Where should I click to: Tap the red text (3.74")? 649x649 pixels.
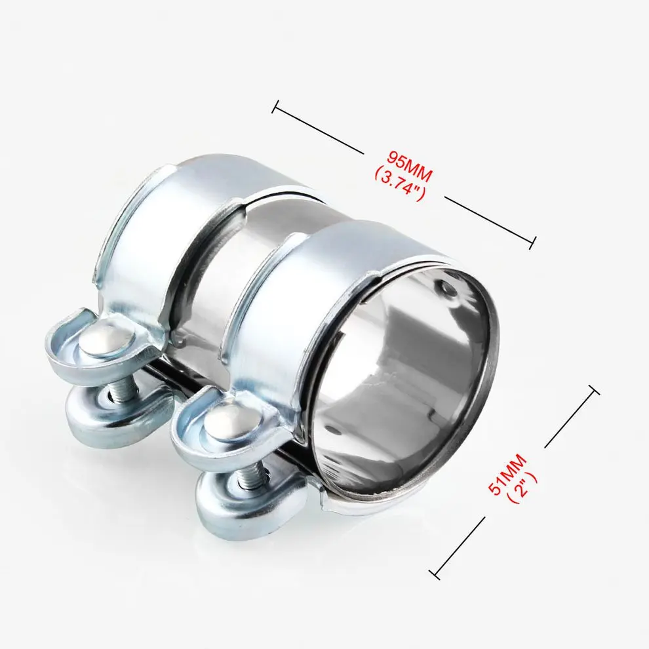[x=400, y=183]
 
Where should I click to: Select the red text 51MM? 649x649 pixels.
[x=507, y=475]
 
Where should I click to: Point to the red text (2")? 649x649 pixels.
[x=522, y=486]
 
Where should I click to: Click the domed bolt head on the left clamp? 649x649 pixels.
[x=106, y=342]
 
